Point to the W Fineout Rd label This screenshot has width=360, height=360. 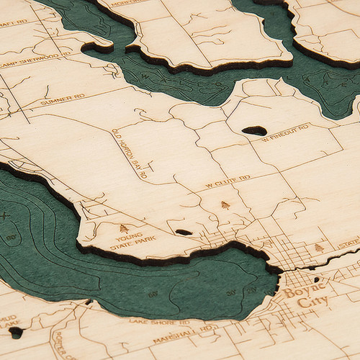tap(284, 132)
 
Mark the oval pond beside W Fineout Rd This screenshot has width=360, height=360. tap(253, 130)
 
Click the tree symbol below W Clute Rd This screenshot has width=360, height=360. tap(225, 205)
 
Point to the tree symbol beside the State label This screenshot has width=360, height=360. tap(319, 248)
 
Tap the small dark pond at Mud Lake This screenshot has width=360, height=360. tap(16, 333)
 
